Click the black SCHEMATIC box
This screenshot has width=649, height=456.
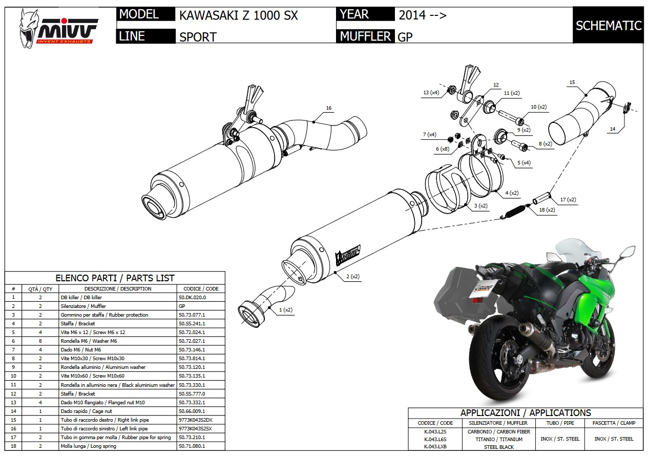tap(608, 26)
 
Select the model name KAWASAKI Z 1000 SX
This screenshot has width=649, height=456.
tap(238, 15)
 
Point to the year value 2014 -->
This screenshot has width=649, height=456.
tap(422, 15)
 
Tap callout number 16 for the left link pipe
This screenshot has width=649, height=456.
tap(329, 108)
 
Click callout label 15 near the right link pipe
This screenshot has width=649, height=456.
tap(572, 82)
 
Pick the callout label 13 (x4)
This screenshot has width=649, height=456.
tap(431, 93)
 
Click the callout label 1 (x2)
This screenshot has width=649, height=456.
tap(286, 310)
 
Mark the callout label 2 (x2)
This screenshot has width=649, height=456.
tap(352, 277)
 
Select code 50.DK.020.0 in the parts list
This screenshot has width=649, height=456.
tap(192, 297)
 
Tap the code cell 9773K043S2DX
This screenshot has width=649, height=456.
tap(195, 420)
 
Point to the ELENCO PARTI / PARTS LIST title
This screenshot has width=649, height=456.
tap(115, 278)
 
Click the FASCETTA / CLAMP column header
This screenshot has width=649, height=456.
tap(614, 423)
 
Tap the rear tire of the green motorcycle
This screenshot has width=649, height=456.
tap(487, 362)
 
